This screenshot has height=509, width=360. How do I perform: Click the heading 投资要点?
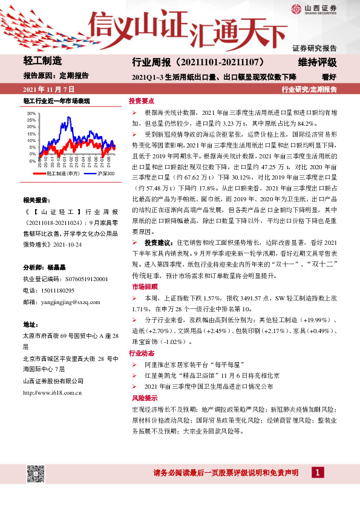point(142,102)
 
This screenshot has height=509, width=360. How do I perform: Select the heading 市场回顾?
point(142,286)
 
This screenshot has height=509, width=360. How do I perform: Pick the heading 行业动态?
point(142,353)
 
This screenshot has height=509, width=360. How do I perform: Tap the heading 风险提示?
point(142,398)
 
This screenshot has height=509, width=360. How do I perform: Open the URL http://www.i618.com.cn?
point(52,392)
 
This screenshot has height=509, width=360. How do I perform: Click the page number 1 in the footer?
point(317,472)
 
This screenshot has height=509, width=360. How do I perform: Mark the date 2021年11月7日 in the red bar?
point(44,88)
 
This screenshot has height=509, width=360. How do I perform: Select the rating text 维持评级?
point(317,62)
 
